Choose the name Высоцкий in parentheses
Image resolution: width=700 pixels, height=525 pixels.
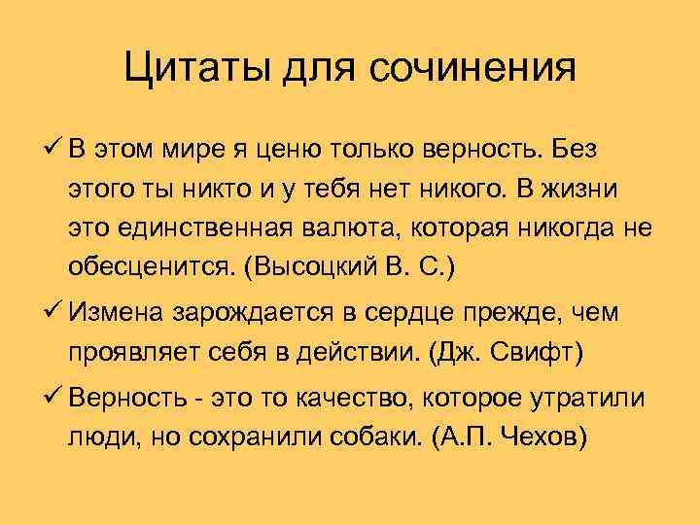click(x=321, y=270)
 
